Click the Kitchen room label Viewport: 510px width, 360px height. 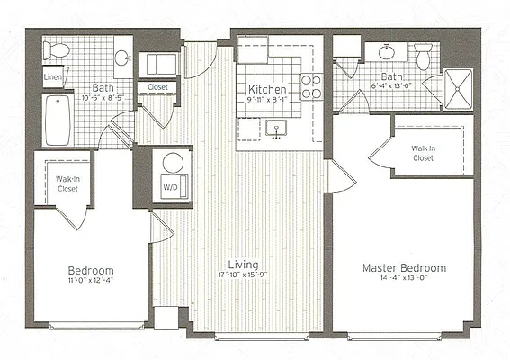click(267, 90)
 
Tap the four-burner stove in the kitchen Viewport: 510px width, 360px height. click(311, 86)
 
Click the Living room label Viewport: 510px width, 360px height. click(244, 265)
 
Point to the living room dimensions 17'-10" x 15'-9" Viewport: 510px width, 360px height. click(244, 275)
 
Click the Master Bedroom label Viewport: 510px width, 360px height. click(404, 268)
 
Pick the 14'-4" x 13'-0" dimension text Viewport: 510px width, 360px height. click(404, 279)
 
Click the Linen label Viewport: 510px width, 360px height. click(53, 78)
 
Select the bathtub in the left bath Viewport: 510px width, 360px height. click(58, 119)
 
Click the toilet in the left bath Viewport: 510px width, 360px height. click(58, 51)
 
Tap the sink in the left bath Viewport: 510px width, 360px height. click(122, 58)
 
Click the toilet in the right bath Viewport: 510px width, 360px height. click(424, 58)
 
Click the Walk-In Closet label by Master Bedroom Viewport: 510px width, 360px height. click(424, 153)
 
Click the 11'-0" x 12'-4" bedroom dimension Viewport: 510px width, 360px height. click(91, 281)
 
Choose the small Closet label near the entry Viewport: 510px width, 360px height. click(158, 88)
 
